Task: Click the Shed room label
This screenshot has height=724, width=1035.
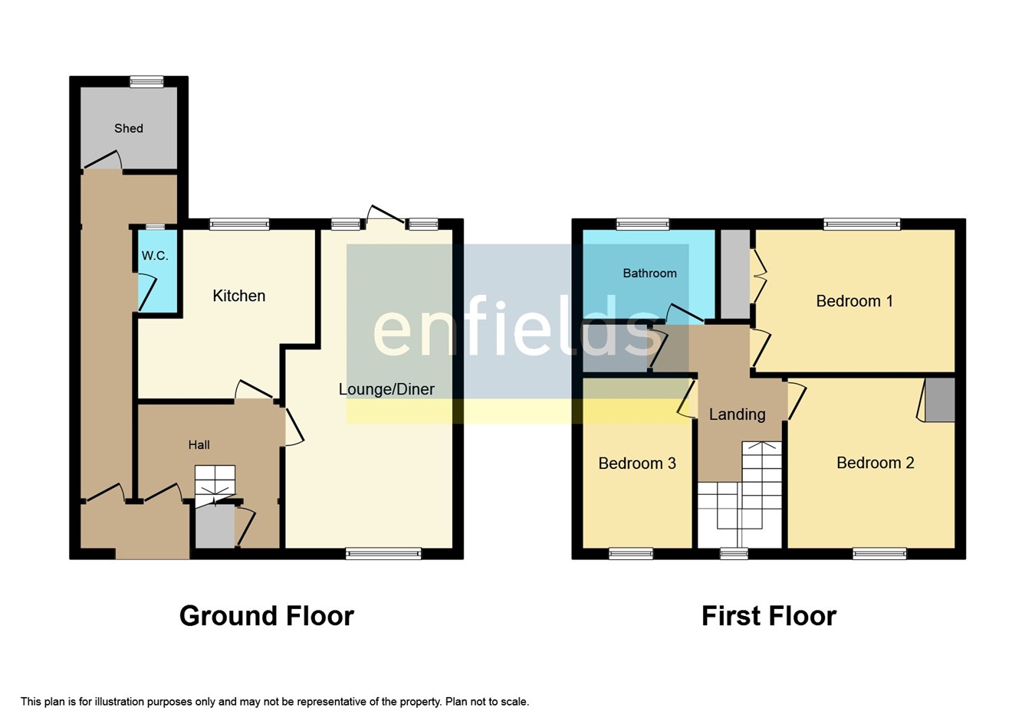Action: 129,129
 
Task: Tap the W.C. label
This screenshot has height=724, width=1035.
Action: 155,256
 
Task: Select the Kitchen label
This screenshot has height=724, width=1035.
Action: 239,296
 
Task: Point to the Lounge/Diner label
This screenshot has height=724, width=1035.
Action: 386,389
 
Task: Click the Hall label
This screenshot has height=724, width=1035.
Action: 199,445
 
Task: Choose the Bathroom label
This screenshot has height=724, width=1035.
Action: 649,274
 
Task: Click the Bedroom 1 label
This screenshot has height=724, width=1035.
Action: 854,301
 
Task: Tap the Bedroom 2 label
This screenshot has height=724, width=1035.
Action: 875,463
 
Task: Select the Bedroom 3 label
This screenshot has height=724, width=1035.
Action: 637,464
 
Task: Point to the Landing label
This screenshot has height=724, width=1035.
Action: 737,414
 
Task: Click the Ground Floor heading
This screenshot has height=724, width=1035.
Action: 267,616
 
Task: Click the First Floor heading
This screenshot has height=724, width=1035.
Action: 768,616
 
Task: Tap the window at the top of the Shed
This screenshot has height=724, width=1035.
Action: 146,81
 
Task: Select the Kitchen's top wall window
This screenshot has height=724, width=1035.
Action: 239,224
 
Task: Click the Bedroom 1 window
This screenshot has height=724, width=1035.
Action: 862,224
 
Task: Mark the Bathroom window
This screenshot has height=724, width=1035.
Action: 642,224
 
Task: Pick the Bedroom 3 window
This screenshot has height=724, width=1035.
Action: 631,553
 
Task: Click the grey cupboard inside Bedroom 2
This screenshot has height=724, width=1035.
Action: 940,400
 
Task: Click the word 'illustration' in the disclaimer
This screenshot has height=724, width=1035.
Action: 113,702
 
